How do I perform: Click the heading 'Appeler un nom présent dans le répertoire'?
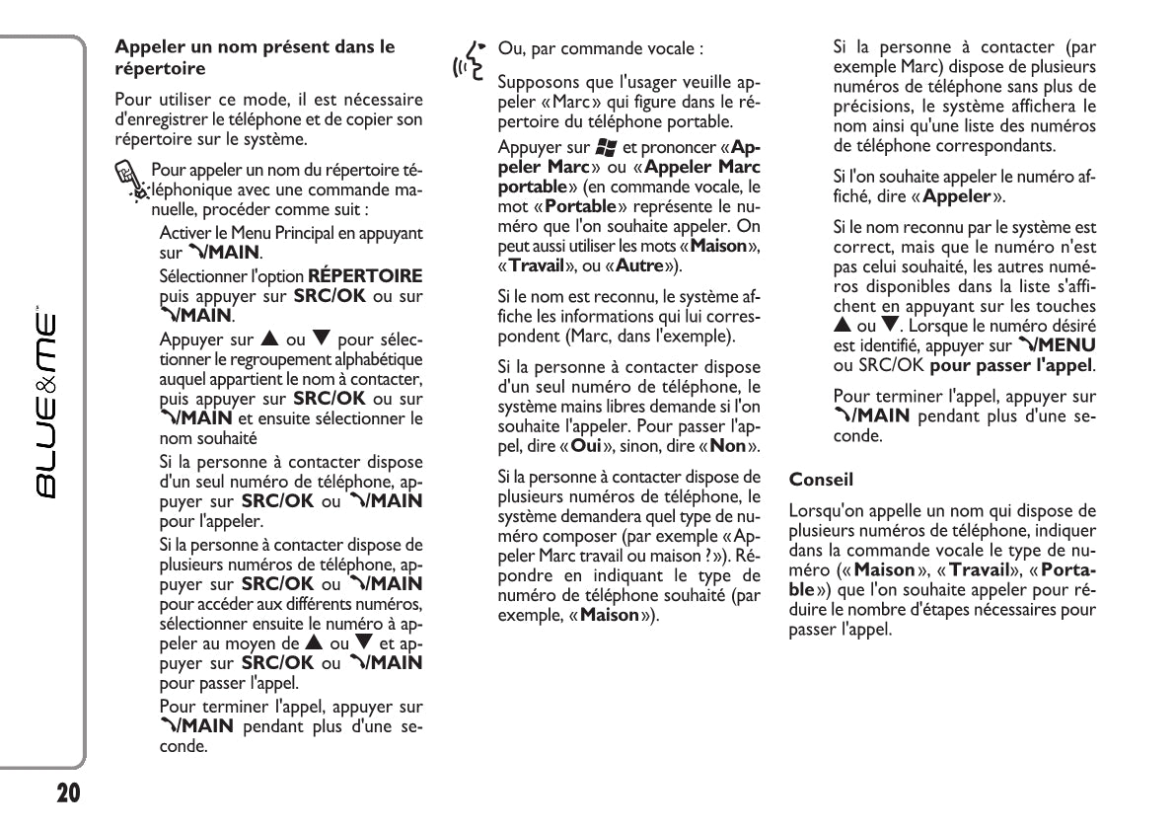point(255,57)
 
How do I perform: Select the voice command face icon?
point(471,59)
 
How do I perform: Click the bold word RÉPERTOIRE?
point(365,275)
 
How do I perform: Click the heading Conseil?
point(821,480)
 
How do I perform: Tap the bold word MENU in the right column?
point(1068,345)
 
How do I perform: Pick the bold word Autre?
point(640,265)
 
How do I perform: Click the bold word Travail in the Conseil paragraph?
point(979,569)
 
